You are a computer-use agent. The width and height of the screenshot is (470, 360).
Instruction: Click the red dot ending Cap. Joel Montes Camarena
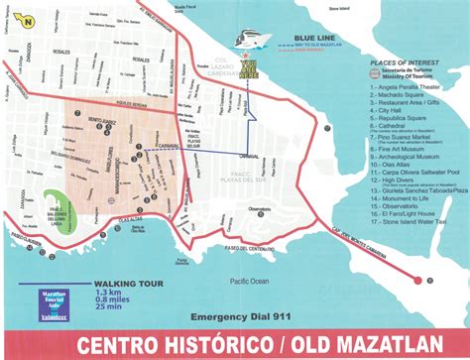(430, 281)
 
